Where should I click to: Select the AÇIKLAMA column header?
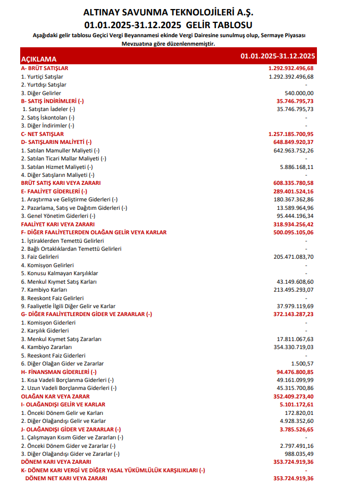pyautogui.click(x=39, y=59)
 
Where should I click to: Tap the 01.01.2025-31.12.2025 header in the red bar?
pyautogui.click(x=278, y=56)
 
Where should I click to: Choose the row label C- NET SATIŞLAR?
pyautogui.click(x=42, y=134)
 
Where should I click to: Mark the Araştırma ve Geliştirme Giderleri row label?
pyautogui.click(x=69, y=199)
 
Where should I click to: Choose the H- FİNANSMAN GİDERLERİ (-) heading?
pyautogui.click(x=58, y=372)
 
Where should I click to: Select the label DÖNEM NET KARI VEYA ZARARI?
pyautogui.click(x=66, y=478)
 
